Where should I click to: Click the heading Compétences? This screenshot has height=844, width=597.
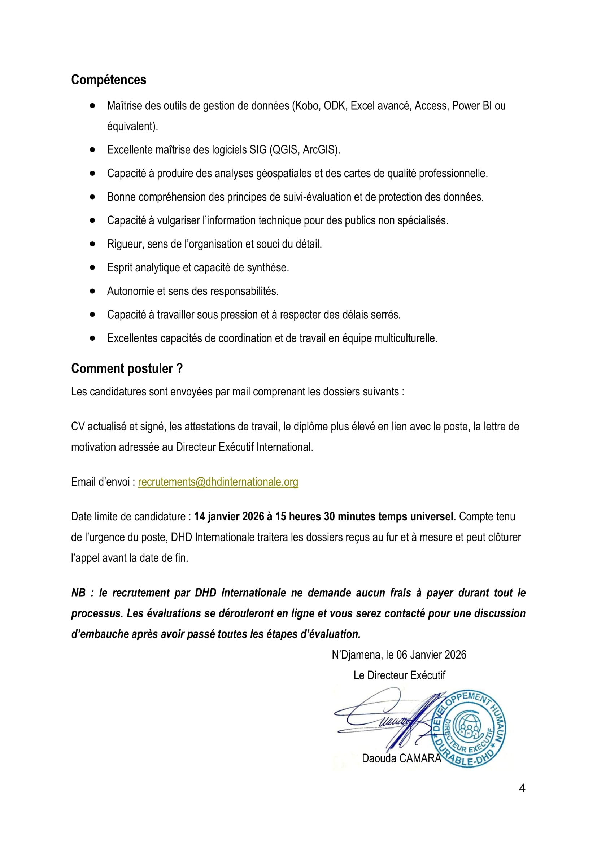(x=108, y=80)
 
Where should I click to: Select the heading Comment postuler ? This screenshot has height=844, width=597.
(x=126, y=369)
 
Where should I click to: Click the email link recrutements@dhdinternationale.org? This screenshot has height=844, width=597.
(x=218, y=482)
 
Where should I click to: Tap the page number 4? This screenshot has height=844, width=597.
(x=522, y=788)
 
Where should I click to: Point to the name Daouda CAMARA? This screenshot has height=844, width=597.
(x=401, y=758)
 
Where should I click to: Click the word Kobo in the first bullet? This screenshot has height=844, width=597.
(x=306, y=106)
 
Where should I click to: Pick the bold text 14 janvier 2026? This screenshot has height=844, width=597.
(x=228, y=516)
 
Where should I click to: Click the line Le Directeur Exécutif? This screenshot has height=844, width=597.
(x=399, y=675)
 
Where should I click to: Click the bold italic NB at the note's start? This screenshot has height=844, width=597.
(x=78, y=593)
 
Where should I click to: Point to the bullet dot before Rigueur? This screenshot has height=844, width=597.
(x=92, y=244)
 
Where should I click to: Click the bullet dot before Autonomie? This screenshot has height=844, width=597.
(x=92, y=291)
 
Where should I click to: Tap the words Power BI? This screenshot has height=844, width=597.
(x=472, y=106)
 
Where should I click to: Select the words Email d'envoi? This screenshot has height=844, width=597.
(x=100, y=482)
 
